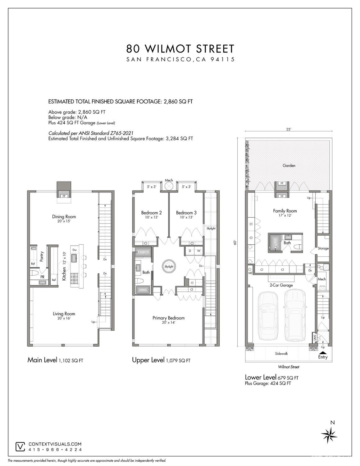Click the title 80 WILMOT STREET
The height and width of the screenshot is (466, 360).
180,49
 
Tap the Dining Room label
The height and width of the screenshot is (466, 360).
64,217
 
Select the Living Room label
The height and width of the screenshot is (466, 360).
64,314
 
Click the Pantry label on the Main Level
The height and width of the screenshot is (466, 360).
42,256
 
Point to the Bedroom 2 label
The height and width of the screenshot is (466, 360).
151,213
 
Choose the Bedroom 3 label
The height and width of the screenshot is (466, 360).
186,213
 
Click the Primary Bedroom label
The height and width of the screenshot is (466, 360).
168,318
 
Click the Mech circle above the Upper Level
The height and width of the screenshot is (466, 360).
169,186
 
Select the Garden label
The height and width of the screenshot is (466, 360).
289,166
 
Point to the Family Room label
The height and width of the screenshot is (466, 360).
285,211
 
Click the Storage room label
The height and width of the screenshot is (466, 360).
323,248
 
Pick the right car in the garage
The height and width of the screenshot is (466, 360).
295,315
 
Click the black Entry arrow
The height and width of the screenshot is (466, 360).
323,352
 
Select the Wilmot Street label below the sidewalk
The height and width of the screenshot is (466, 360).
289,367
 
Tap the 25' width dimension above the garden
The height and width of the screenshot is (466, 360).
289,129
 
